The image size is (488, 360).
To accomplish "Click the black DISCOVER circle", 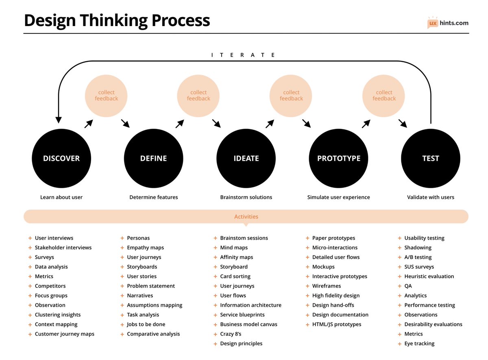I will [x=61, y=159].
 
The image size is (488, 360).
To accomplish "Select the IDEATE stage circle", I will [x=246, y=159].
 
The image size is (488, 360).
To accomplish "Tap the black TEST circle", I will [x=431, y=159].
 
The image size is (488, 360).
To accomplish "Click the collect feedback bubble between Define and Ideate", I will [x=198, y=96].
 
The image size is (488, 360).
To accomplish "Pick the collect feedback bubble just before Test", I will [x=384, y=96].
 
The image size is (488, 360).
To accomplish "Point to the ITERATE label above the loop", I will [x=244, y=55].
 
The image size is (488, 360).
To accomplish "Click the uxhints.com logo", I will [x=448, y=23].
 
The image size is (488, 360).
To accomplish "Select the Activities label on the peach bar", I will [x=246, y=217].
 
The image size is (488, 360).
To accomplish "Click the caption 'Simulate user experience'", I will [x=338, y=197].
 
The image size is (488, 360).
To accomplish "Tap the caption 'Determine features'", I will [x=154, y=197].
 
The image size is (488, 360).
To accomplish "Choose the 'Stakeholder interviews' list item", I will [x=63, y=248].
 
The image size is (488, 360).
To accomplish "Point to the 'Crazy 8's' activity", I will [x=231, y=334].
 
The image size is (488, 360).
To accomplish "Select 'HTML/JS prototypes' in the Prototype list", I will [x=336, y=325].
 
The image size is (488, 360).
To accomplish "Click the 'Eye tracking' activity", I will [x=419, y=344].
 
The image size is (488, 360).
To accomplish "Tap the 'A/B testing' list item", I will [x=418, y=257].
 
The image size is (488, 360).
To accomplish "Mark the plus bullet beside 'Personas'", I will [x=122, y=238].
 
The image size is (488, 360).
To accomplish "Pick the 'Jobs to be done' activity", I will [x=146, y=325].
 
